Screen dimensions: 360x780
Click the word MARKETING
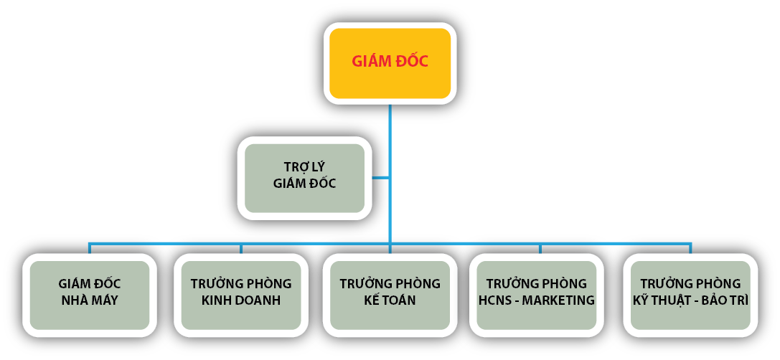(558, 300)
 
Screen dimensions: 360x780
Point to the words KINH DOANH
(241, 300)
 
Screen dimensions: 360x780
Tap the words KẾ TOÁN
(390, 300)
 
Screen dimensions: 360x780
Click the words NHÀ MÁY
(89, 300)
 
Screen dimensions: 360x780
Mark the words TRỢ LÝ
(304, 167)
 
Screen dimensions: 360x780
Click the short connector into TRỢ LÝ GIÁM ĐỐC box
(380, 176)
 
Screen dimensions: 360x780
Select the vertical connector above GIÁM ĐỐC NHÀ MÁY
(89, 248)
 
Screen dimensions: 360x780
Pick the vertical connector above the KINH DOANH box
(241, 248)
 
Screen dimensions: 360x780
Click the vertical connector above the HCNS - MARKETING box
(540, 248)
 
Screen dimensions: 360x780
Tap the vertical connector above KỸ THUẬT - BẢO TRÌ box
(690, 248)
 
